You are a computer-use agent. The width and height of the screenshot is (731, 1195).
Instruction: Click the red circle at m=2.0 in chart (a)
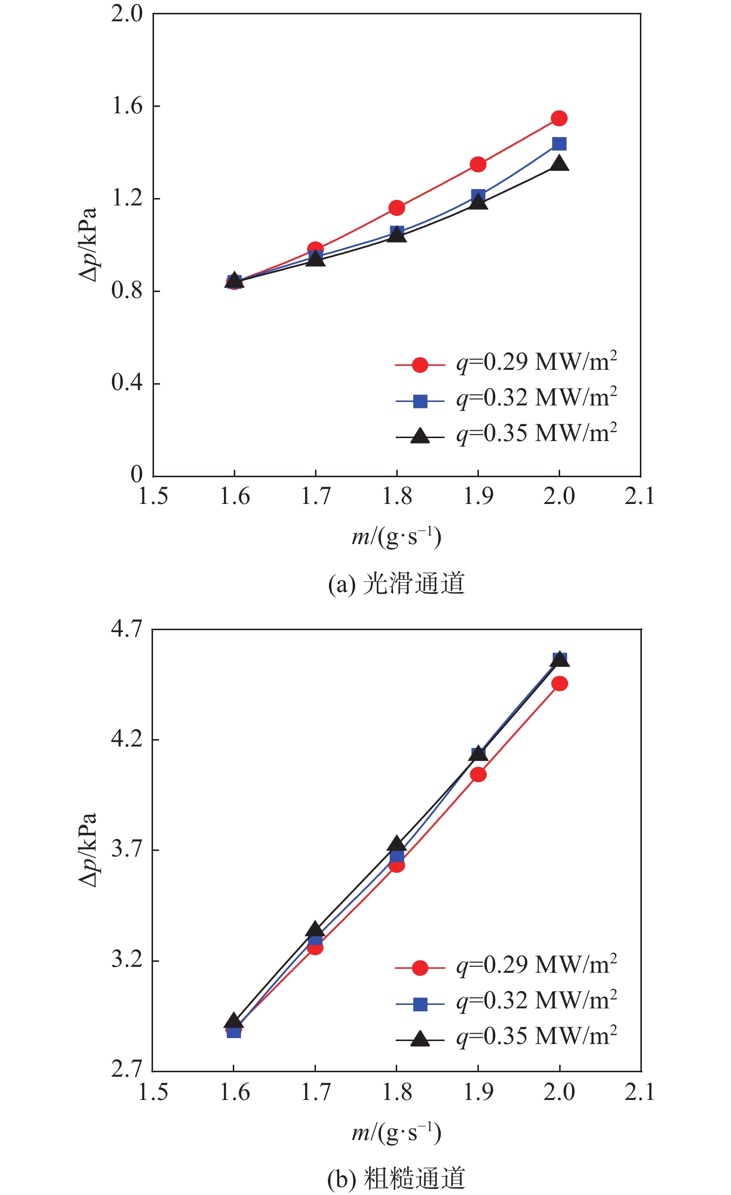click(x=559, y=118)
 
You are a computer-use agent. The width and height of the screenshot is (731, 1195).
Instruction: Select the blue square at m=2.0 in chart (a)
click(x=559, y=144)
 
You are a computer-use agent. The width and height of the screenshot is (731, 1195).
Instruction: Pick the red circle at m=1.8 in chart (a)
click(x=397, y=208)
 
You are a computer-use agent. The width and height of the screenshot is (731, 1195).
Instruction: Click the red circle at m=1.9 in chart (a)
click(x=478, y=164)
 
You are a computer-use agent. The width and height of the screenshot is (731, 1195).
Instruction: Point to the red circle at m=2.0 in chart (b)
click(x=560, y=684)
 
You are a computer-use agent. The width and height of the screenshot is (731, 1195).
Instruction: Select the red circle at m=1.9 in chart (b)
click(x=478, y=775)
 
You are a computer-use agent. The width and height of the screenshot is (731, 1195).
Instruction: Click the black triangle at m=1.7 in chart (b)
click(x=315, y=929)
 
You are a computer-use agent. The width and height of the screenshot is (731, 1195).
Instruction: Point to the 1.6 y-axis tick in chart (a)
click(x=127, y=106)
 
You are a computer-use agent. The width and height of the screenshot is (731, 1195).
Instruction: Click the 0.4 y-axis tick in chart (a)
click(x=127, y=383)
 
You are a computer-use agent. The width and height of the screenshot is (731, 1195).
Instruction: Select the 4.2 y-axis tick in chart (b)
click(x=127, y=739)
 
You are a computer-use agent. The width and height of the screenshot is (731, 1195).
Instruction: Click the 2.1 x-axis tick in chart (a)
click(x=640, y=497)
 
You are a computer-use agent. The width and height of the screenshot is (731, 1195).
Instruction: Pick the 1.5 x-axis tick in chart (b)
click(x=153, y=1093)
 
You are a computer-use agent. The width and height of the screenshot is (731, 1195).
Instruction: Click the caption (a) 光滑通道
click(x=396, y=584)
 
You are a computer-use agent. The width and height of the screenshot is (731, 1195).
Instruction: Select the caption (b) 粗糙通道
click(x=396, y=1178)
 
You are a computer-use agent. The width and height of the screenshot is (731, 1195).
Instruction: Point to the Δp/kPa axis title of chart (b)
click(x=88, y=849)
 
